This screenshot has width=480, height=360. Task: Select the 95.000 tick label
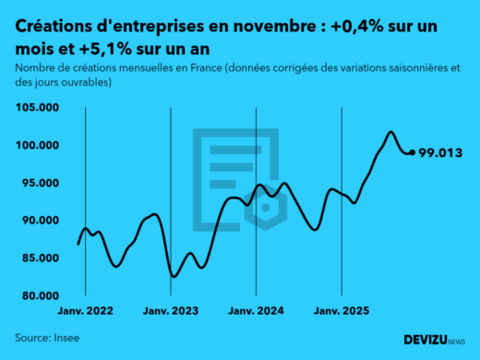pos(38,183)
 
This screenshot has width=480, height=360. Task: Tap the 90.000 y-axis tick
pos(38,221)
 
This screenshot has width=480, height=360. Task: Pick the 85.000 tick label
pos(38,258)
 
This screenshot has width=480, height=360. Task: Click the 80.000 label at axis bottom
pos(38,296)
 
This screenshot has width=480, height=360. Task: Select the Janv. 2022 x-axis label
pos(85,312)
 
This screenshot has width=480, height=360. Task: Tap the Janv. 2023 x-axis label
pos(171,312)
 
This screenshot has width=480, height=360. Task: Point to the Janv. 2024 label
pos(257,312)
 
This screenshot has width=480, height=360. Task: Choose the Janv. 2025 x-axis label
pos(342,312)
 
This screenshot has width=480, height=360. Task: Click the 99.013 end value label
pos(440,153)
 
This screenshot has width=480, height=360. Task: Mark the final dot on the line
pos(412,152)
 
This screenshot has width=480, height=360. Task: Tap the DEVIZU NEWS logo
pos(434,340)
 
